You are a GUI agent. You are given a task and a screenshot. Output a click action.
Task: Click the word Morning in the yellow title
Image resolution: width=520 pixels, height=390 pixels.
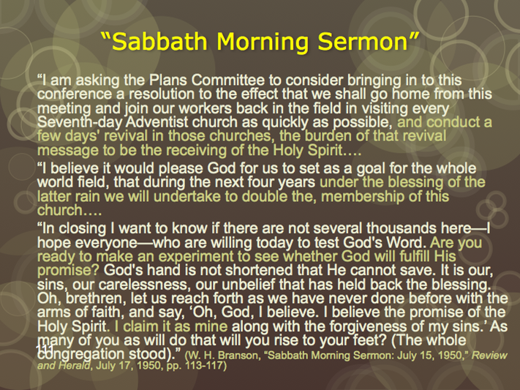coord(262,42)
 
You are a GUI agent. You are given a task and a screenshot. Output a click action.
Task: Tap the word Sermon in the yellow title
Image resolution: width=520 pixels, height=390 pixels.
coord(363,42)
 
